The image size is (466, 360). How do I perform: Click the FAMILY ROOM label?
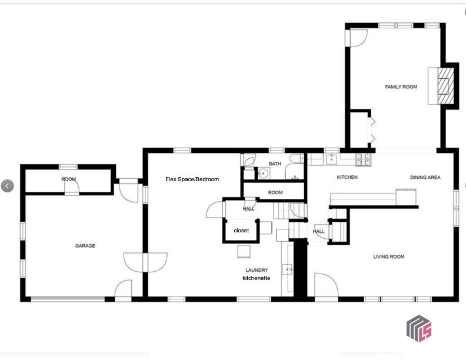pyautogui.click(x=401, y=86)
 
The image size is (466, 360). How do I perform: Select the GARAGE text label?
pyautogui.click(x=85, y=246)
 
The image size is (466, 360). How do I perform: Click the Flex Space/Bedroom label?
pyautogui.click(x=192, y=179)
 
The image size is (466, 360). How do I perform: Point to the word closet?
pyautogui.click(x=241, y=230)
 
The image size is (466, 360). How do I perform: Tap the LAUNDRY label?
pyautogui.click(x=257, y=270)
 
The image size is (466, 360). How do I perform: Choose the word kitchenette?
pyautogui.click(x=256, y=278)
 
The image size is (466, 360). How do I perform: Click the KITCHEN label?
pyautogui.click(x=347, y=177)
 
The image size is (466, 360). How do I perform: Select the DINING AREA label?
pyautogui.click(x=425, y=177)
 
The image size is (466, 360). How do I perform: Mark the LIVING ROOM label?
pyautogui.click(x=389, y=256)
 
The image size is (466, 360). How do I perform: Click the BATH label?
pyautogui.click(x=275, y=164)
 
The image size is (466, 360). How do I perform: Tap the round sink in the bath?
pyautogui.click(x=263, y=173)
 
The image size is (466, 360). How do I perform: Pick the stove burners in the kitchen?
pyautogui.click(x=364, y=159)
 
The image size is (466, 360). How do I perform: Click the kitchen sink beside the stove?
pyautogui.click(x=331, y=159)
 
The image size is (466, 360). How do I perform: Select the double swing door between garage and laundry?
pyautogui.click(x=145, y=262)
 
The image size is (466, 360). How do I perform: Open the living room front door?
pyautogui.click(x=326, y=285)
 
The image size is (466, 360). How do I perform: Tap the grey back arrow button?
pyautogui.click(x=8, y=186)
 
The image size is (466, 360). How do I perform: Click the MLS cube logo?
pyautogui.click(x=419, y=328)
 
